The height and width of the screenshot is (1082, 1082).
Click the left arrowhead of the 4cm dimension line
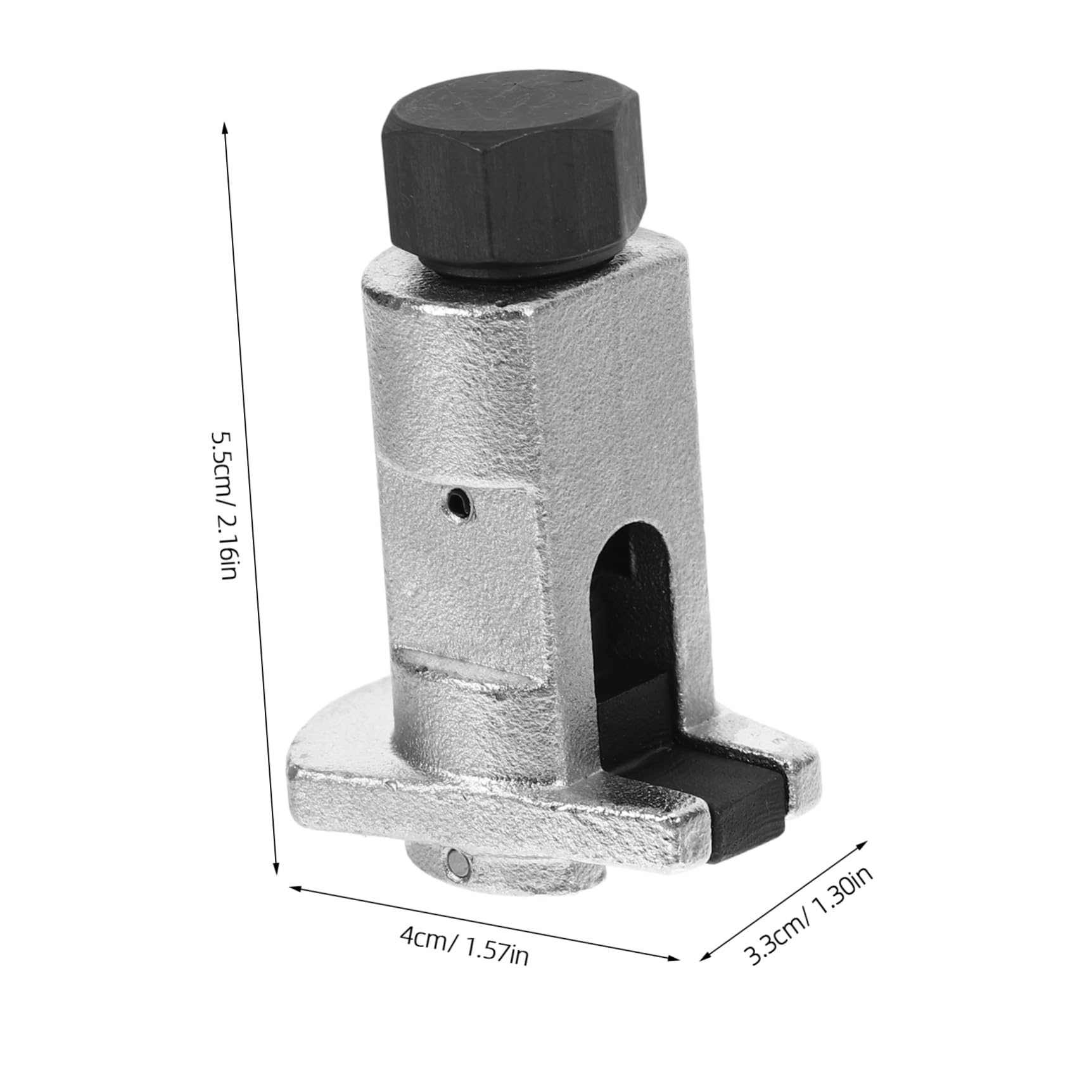pyautogui.click(x=291, y=889)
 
